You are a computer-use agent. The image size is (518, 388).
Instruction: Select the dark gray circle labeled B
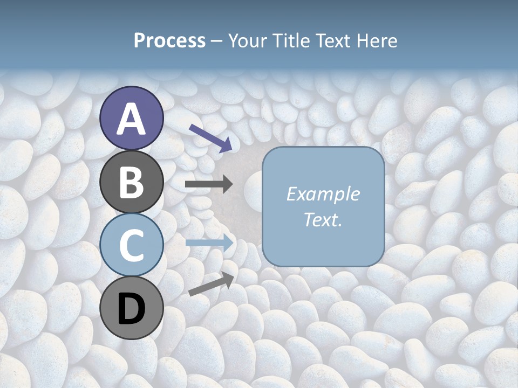tap(132, 182)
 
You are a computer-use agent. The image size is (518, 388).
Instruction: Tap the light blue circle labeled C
tap(132, 245)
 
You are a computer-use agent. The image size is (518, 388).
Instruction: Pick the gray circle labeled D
tap(132, 308)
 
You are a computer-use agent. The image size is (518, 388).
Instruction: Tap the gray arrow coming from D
tap(211, 284)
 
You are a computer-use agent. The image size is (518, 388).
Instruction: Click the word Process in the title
tap(169, 41)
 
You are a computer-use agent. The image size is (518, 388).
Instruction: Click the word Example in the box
tap(323, 194)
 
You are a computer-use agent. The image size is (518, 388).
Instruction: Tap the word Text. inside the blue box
tap(323, 219)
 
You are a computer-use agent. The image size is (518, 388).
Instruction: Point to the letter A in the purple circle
tap(132, 119)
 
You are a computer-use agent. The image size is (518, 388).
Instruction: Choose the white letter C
tap(132, 246)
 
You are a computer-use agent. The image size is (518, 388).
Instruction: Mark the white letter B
tap(132, 183)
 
